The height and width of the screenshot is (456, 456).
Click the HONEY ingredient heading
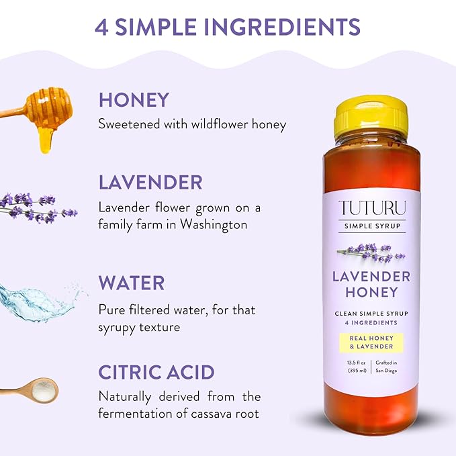[134, 100]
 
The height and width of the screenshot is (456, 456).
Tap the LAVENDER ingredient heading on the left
[150, 182]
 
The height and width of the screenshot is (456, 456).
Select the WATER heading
[132, 282]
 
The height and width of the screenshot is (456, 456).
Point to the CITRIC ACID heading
[156, 372]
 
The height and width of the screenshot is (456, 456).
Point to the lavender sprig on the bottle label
[371, 253]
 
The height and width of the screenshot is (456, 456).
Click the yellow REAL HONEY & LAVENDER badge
[371, 343]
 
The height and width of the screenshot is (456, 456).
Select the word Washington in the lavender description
[210, 224]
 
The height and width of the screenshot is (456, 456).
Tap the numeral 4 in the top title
[102, 27]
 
